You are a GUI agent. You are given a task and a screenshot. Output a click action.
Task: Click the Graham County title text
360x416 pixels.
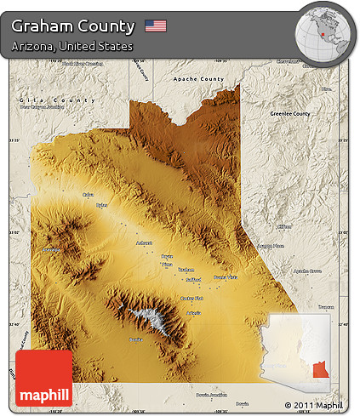(x=73, y=26)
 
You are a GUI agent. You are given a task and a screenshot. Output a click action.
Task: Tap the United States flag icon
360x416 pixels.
(x=156, y=26)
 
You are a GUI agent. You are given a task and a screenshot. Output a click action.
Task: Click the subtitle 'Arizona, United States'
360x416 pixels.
(x=72, y=46)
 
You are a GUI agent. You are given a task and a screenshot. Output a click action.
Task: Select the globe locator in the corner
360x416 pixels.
(x=323, y=31)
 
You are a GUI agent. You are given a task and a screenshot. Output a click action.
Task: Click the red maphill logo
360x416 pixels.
(x=44, y=379)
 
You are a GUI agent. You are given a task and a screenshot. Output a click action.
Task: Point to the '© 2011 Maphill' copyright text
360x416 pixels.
(x=314, y=404)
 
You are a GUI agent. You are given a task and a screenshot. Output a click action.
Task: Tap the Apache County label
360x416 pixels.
(x=197, y=79)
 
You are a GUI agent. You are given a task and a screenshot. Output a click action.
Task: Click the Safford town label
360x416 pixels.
(x=193, y=279)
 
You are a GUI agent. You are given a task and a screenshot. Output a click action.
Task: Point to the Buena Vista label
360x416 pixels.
(x=226, y=277)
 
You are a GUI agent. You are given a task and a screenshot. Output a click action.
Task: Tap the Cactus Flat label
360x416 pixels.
(x=192, y=299)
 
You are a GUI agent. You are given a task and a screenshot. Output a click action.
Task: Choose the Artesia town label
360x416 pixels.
(x=193, y=313)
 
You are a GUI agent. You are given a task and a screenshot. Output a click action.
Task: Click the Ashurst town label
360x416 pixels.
(x=145, y=243)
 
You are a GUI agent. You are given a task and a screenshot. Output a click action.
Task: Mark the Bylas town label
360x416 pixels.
(x=102, y=205)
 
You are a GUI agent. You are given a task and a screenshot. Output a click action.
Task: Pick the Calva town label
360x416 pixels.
(x=87, y=195)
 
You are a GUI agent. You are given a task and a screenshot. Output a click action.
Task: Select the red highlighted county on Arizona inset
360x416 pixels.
(x=319, y=370)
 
